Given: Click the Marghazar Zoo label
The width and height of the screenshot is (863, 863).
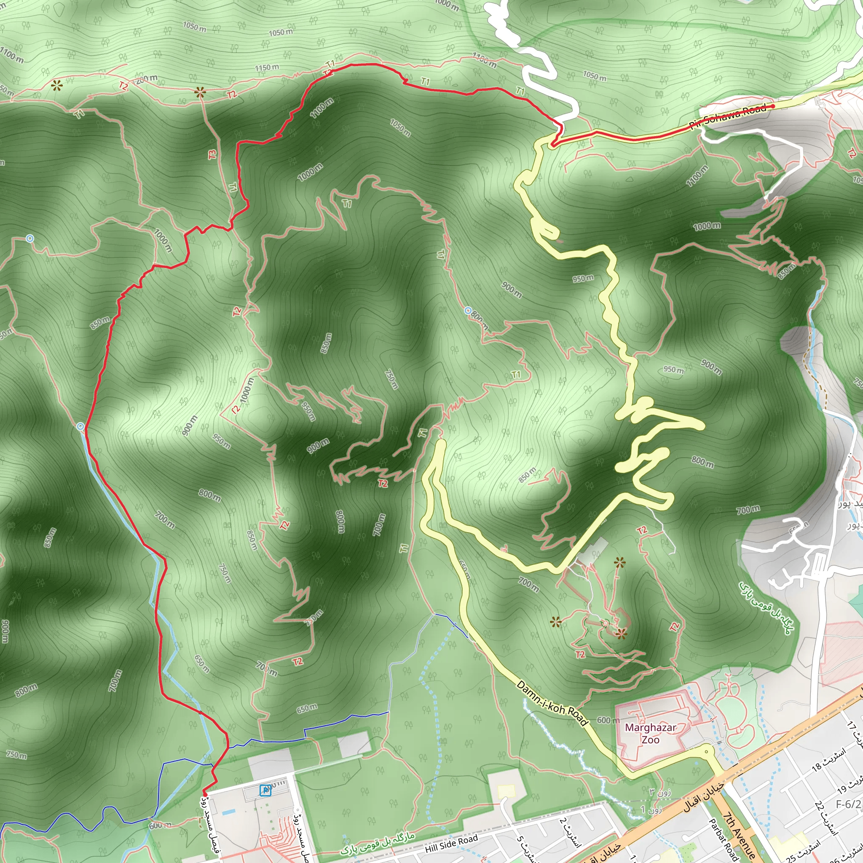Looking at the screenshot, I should (x=650, y=734).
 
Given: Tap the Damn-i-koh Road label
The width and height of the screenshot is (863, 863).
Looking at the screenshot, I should (x=552, y=702).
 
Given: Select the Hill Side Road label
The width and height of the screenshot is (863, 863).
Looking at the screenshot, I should (x=451, y=842).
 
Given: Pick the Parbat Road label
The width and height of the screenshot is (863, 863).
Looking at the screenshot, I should (x=722, y=836).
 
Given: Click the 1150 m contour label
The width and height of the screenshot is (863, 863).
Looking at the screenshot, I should (x=267, y=67).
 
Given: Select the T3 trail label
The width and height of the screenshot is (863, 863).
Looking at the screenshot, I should (x=212, y=154).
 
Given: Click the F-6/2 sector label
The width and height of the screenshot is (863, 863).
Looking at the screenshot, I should (x=848, y=804).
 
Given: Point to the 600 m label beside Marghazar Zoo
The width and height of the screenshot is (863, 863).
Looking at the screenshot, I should (x=608, y=720).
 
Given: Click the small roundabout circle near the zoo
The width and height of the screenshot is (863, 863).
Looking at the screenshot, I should (x=706, y=751).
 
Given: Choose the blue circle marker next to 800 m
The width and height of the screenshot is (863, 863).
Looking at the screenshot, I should (x=468, y=311).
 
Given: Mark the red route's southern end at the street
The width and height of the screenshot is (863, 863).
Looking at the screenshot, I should (x=204, y=793).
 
